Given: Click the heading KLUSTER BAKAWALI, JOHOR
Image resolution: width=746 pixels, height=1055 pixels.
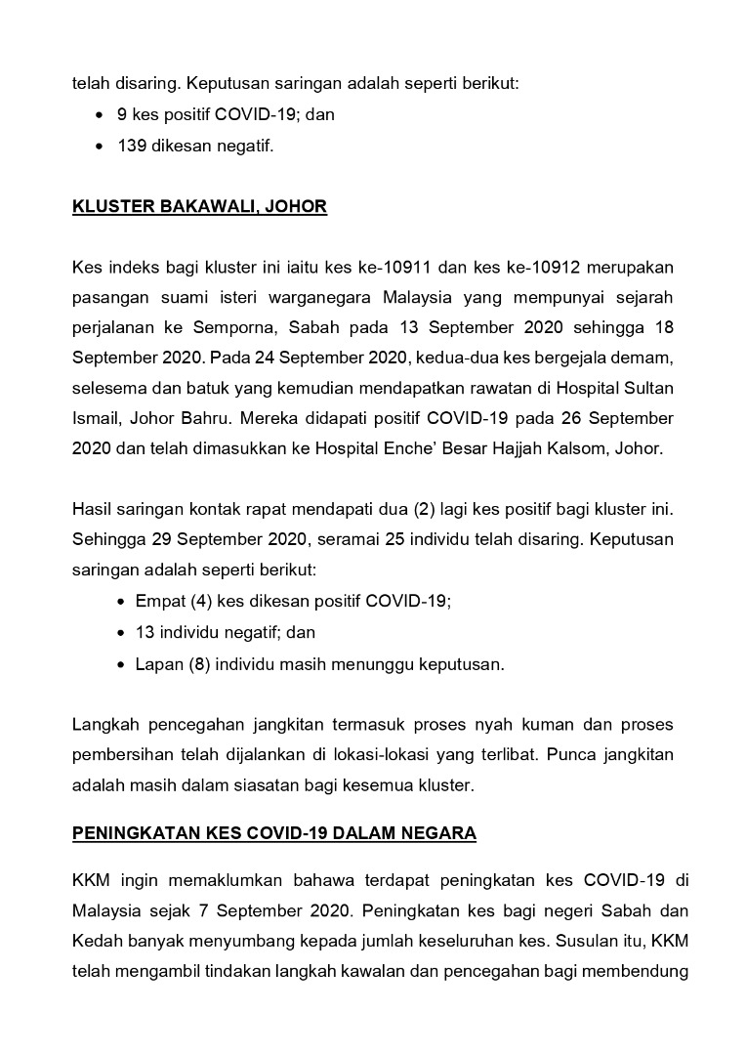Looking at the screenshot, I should coord(199,207).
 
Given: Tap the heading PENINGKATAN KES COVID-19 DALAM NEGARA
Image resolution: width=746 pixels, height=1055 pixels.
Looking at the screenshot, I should coord(273,833).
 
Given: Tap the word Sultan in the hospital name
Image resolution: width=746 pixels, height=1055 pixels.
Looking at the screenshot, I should coord(647,388).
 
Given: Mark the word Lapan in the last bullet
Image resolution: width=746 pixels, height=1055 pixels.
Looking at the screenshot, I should coord(158,664).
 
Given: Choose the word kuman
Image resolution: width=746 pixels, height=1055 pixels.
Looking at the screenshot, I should coord(495,724).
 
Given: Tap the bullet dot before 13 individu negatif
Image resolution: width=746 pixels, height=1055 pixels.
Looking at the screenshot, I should coord(120,633).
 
